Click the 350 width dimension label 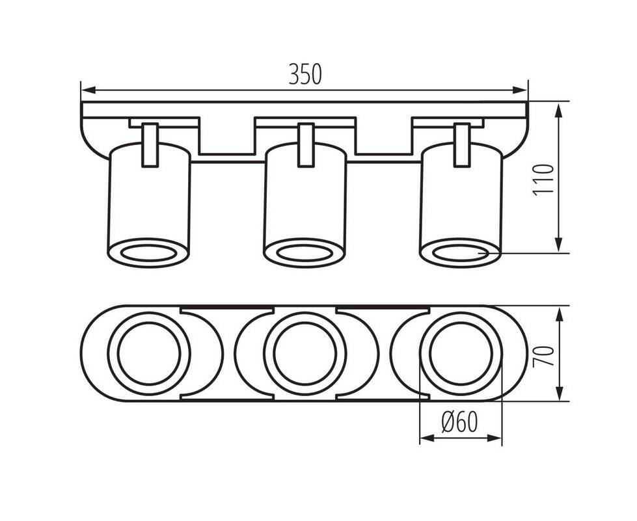305,74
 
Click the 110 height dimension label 543,180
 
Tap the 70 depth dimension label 544,356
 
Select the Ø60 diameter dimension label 459,423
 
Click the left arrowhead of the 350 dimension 88,90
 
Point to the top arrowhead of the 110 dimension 560,111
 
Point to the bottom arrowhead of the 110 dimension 560,245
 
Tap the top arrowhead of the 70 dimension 560,315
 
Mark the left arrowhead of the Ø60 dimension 427,438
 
